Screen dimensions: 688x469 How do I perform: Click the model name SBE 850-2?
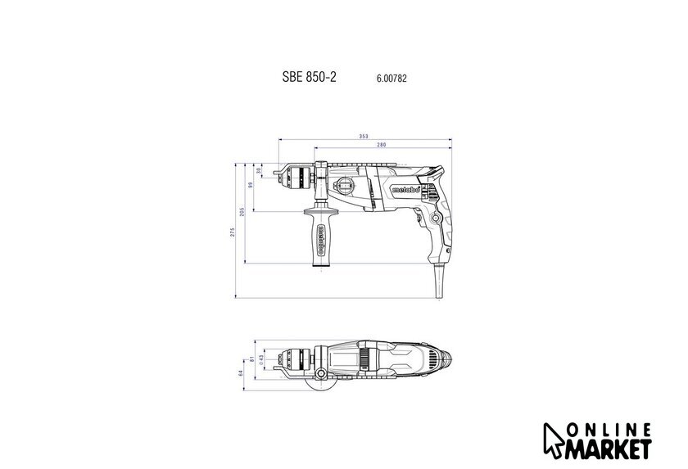tap(309, 77)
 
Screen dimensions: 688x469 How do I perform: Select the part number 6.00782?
tap(392, 79)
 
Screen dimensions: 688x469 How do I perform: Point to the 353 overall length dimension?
tap(364, 137)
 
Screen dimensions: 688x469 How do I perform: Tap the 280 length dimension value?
tap(382, 145)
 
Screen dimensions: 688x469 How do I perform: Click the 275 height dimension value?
tap(233, 232)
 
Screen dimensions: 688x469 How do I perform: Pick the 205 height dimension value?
tap(242, 212)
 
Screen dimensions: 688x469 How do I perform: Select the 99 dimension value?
tap(251, 185)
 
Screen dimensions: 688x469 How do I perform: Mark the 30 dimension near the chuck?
tap(259, 170)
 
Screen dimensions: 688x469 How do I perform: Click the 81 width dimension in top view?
tap(252, 359)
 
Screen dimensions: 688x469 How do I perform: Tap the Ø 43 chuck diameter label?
tap(260, 359)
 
